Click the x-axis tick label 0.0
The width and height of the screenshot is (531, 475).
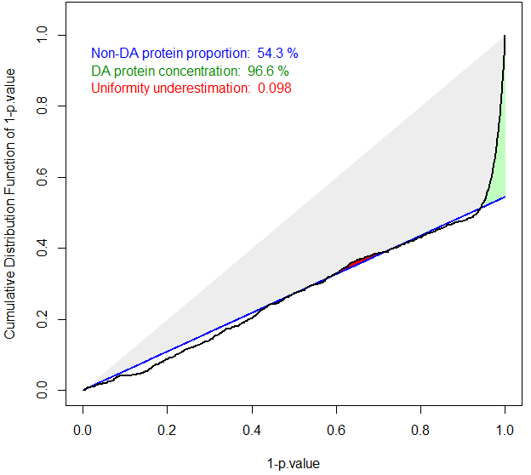point(83,432)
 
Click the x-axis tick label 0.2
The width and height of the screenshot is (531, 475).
point(167,432)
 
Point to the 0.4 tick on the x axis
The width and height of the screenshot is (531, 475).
point(252,432)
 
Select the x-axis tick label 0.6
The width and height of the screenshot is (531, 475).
point(336,432)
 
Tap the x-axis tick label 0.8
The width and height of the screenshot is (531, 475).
point(420,432)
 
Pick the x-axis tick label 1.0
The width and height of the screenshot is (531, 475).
point(505,432)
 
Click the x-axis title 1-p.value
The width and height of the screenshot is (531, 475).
point(294,463)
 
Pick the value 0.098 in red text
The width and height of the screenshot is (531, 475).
point(274,89)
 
